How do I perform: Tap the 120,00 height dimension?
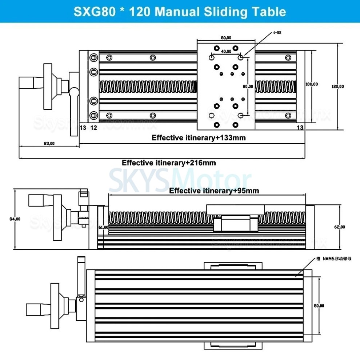click(x=338, y=87)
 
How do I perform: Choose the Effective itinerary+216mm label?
click(x=169, y=163)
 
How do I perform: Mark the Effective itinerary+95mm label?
click(x=214, y=191)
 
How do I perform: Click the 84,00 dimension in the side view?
click(x=15, y=219)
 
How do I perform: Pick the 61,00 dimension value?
click(x=103, y=227)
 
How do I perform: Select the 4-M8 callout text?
click(x=277, y=33)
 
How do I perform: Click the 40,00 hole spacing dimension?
click(x=226, y=52)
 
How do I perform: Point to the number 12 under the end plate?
click(x=93, y=127)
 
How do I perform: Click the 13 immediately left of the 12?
click(x=83, y=127)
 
